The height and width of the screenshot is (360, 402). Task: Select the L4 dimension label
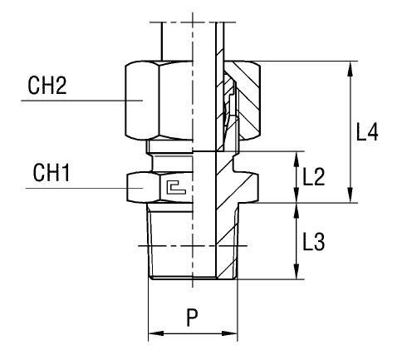pyautogui.click(x=367, y=132)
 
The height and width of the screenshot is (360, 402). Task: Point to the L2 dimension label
pyautogui.click(x=314, y=176)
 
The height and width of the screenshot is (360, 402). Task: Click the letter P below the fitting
pyautogui.click(x=192, y=318)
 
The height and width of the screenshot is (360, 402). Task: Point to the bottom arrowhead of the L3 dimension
pyautogui.click(x=297, y=274)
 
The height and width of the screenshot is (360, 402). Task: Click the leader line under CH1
pyautogui.click(x=75, y=189)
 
